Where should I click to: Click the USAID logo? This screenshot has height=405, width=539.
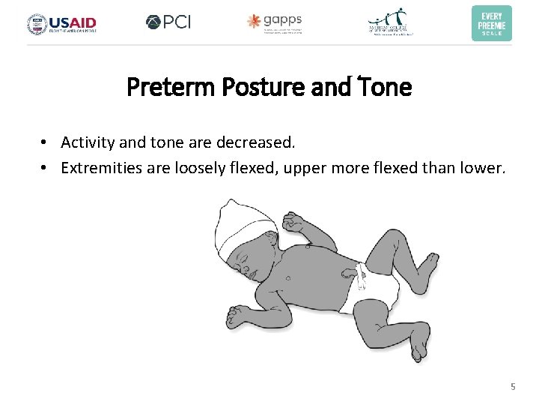[62, 23]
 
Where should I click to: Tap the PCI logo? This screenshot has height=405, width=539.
[168, 22]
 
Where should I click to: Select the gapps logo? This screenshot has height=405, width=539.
[275, 22]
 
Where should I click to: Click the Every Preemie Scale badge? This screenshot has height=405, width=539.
[491, 22]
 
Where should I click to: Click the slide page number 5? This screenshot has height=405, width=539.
[513, 386]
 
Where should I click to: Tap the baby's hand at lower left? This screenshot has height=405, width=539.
[241, 313]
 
